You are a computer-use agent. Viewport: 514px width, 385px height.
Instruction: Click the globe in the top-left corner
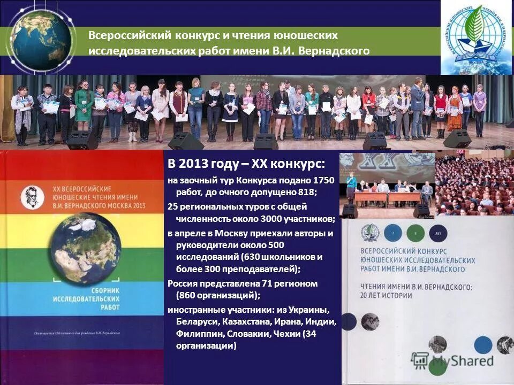point(40,41)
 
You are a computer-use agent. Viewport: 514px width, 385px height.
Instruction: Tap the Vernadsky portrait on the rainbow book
point(32,197)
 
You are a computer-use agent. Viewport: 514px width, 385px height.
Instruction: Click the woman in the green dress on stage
point(84,107)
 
